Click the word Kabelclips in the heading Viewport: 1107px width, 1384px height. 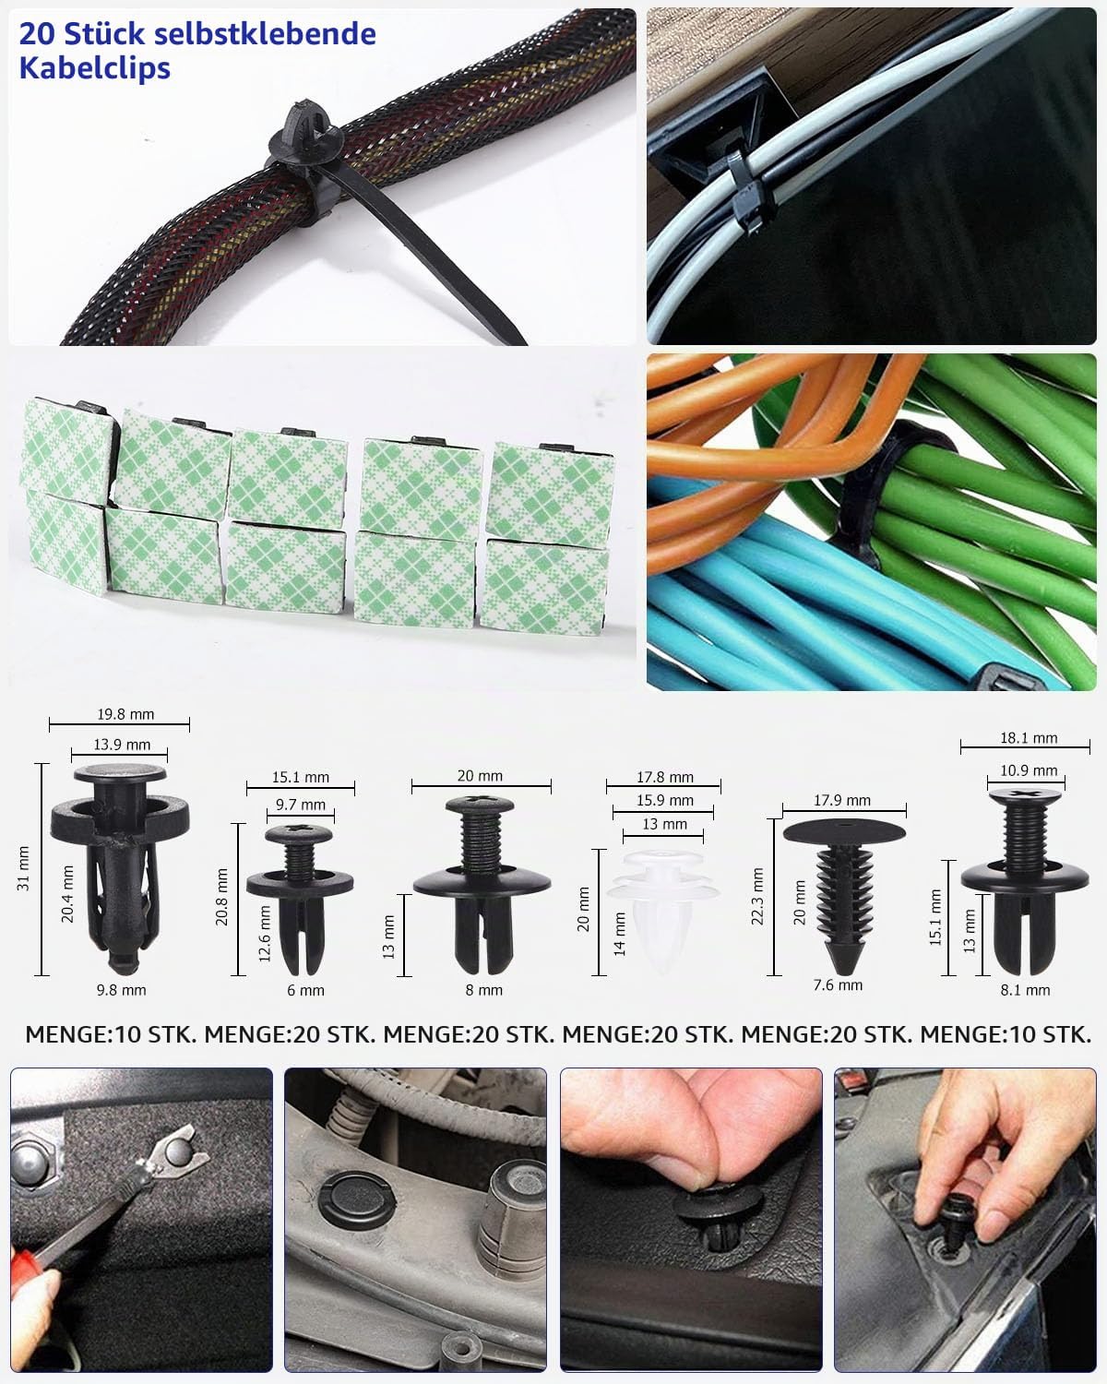pyautogui.click(x=94, y=68)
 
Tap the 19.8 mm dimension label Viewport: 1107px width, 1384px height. pyautogui.click(x=125, y=714)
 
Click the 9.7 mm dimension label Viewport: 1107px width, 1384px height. pyautogui.click(x=301, y=805)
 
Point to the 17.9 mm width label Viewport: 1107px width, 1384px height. pyautogui.click(x=842, y=800)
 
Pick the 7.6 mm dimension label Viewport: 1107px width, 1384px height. pyautogui.click(x=838, y=984)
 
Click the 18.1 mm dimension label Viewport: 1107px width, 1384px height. pyautogui.click(x=1029, y=737)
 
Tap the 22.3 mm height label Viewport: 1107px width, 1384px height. pyautogui.click(x=757, y=897)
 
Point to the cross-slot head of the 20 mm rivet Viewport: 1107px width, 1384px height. pyautogui.click(x=480, y=804)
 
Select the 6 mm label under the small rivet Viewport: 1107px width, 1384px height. pyautogui.click(x=305, y=990)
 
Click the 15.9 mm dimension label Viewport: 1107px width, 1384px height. pyautogui.click(x=665, y=800)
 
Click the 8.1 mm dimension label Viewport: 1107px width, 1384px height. pyautogui.click(x=1025, y=990)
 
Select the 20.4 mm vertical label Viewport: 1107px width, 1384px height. pyautogui.click(x=67, y=894)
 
